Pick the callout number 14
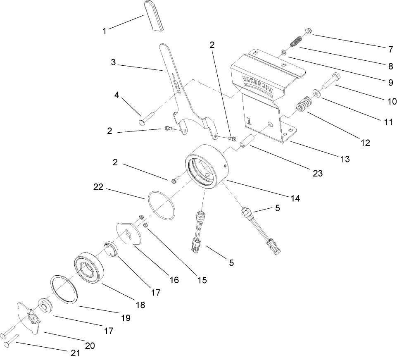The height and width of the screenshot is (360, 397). (x=295, y=198)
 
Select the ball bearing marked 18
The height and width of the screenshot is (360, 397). (x=88, y=268)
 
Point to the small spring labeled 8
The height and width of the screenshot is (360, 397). (x=296, y=42)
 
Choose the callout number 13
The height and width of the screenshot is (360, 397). (x=345, y=159)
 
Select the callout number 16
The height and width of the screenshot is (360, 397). (x=174, y=280)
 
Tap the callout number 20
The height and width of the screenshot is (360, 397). (x=89, y=346)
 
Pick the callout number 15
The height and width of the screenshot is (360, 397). (x=201, y=280)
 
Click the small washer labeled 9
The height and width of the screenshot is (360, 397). (x=283, y=52)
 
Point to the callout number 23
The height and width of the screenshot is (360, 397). (x=317, y=174)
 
